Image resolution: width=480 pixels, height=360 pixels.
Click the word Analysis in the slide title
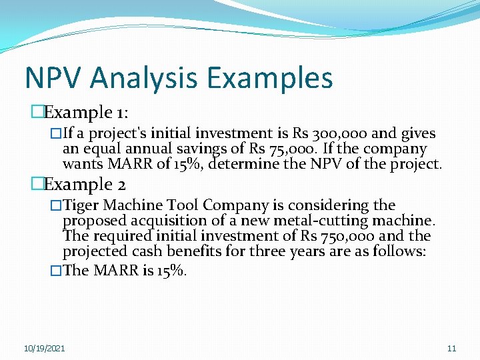tap(145, 77)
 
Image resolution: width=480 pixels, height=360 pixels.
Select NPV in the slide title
tap(54, 77)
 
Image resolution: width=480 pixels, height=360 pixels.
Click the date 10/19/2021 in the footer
tap(45, 349)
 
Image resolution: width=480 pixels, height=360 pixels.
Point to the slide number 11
tap(451, 349)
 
